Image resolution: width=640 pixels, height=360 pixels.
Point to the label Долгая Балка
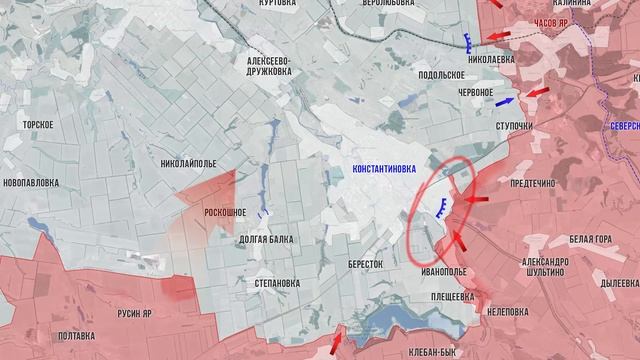pos(267,240)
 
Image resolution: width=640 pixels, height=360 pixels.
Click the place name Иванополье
pos(444,271)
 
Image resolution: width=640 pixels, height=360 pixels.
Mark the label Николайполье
pos(188,163)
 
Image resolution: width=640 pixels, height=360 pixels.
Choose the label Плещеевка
pos(451,296)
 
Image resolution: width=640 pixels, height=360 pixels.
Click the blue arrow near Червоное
pos(504,102)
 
